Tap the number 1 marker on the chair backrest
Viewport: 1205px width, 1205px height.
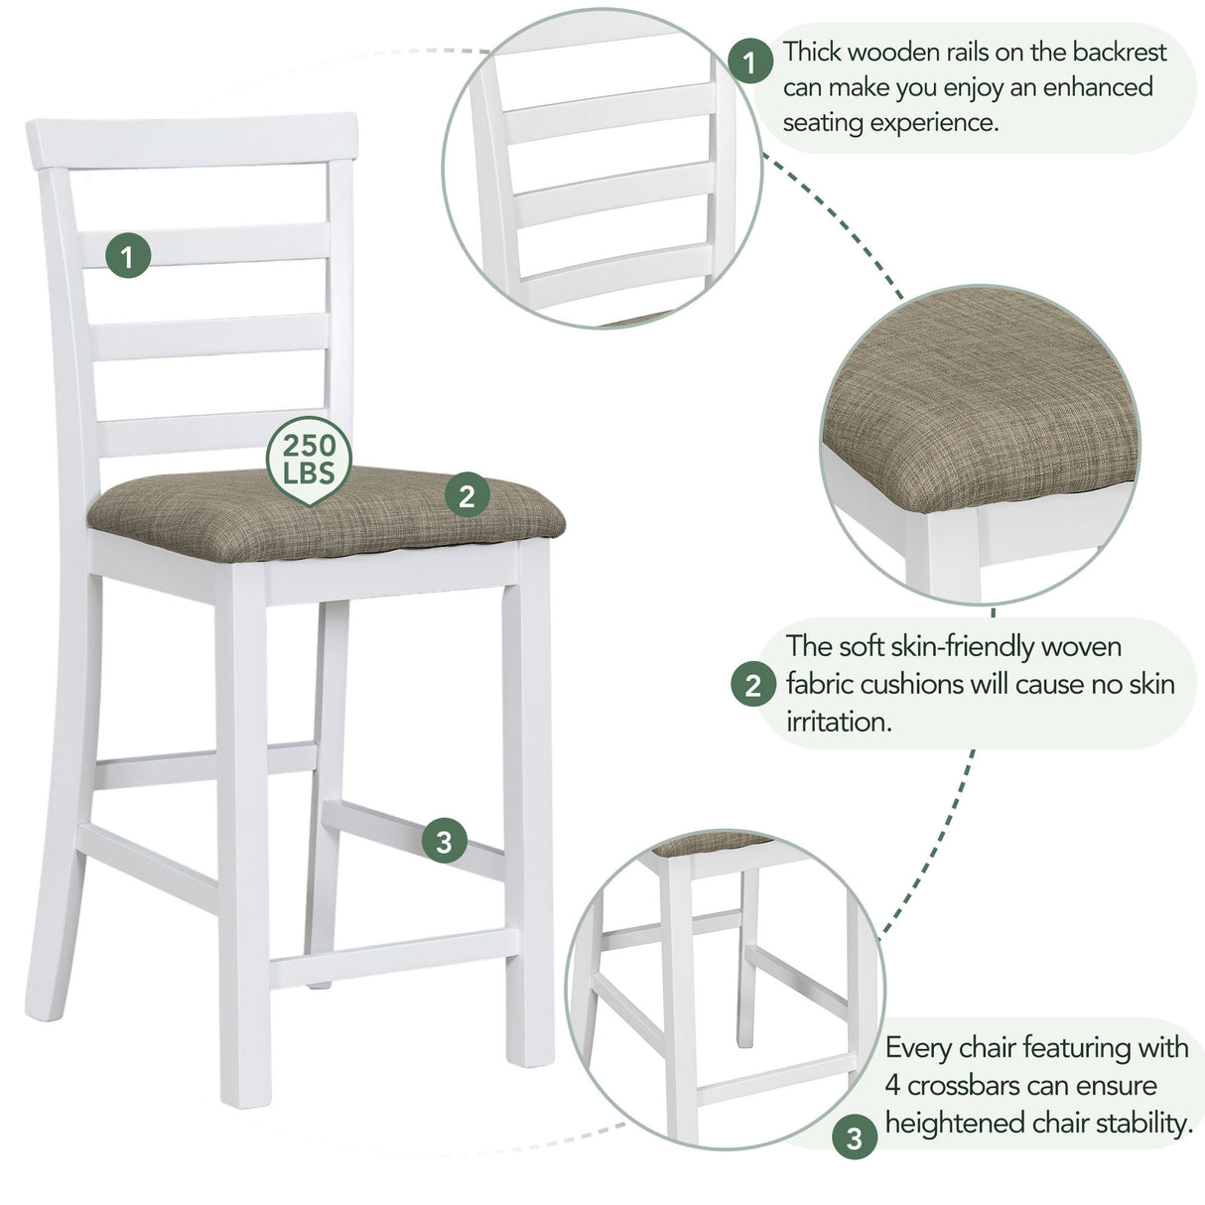(x=128, y=256)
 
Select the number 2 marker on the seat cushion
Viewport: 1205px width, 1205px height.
(x=468, y=494)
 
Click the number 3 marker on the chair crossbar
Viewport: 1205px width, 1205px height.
(x=444, y=842)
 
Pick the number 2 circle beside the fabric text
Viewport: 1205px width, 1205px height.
(x=752, y=685)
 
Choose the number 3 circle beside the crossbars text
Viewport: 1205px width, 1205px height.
(x=854, y=1138)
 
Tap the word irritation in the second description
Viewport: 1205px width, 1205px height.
(x=839, y=722)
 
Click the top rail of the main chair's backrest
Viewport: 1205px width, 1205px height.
(x=193, y=139)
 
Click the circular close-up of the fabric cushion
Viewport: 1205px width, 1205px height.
(x=981, y=445)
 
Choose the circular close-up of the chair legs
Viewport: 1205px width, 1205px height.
(x=724, y=993)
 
